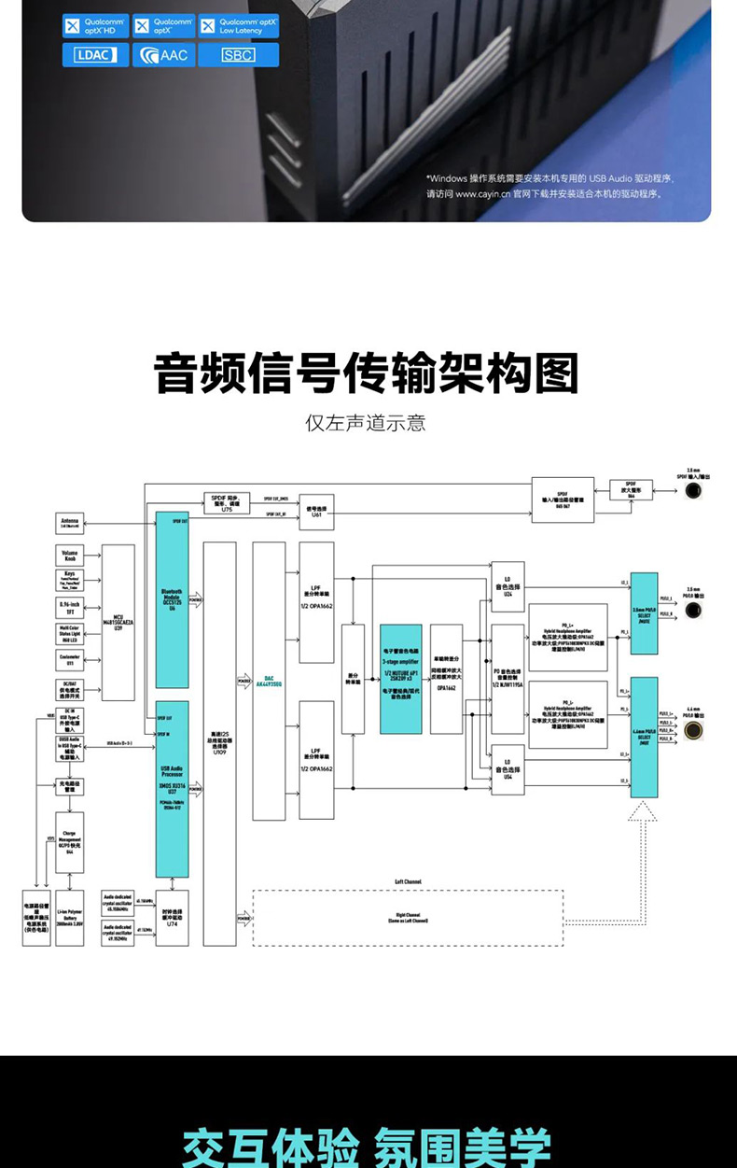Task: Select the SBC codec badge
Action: click(x=238, y=55)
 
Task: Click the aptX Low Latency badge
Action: click(x=239, y=26)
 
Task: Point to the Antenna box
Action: click(x=70, y=524)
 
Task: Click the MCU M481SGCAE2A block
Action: click(x=118, y=623)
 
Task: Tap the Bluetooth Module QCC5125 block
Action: click(x=173, y=599)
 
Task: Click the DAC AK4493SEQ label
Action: click(x=269, y=682)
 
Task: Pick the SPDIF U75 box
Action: click(x=227, y=503)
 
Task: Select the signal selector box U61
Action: click(x=316, y=512)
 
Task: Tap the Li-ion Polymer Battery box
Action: click(x=70, y=918)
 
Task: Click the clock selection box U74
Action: click(x=173, y=918)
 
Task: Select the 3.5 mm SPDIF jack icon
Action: click(x=693, y=489)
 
